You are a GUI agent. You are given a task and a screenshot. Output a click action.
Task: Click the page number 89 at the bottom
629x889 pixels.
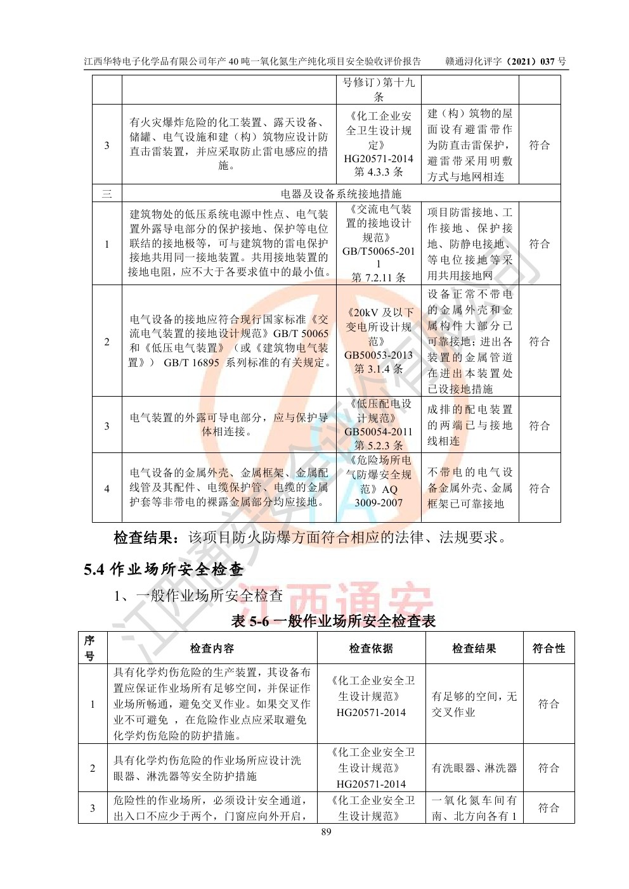326,832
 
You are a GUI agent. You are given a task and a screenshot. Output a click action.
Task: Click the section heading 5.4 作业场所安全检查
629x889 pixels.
164,570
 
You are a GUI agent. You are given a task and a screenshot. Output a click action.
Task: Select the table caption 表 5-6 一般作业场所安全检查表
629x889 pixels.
334,621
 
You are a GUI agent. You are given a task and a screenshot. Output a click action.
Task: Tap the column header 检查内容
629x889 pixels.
212,648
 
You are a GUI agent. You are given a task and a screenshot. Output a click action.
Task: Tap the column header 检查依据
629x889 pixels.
371,648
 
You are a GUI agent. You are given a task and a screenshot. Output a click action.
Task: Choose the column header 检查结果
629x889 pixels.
474,648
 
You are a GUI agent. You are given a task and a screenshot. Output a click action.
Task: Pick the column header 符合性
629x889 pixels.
548,648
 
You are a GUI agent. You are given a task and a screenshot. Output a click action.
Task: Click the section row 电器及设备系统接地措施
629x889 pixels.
341,193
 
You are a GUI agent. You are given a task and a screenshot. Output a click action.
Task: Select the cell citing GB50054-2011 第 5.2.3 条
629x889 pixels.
379,425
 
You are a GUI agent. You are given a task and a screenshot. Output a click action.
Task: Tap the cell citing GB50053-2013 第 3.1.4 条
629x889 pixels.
379,341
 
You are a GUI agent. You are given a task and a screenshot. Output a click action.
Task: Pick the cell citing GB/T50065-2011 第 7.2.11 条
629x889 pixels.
379,243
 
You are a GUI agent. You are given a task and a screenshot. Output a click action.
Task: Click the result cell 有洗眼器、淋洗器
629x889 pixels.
474,768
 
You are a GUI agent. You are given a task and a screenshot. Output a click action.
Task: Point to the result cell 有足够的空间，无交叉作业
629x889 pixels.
474,704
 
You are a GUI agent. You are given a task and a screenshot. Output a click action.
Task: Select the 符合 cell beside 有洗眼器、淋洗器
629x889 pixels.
548,768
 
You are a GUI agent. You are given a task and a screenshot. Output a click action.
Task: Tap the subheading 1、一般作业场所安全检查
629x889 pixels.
198,596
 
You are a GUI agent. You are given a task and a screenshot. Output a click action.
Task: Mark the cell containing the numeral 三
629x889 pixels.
107,193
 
